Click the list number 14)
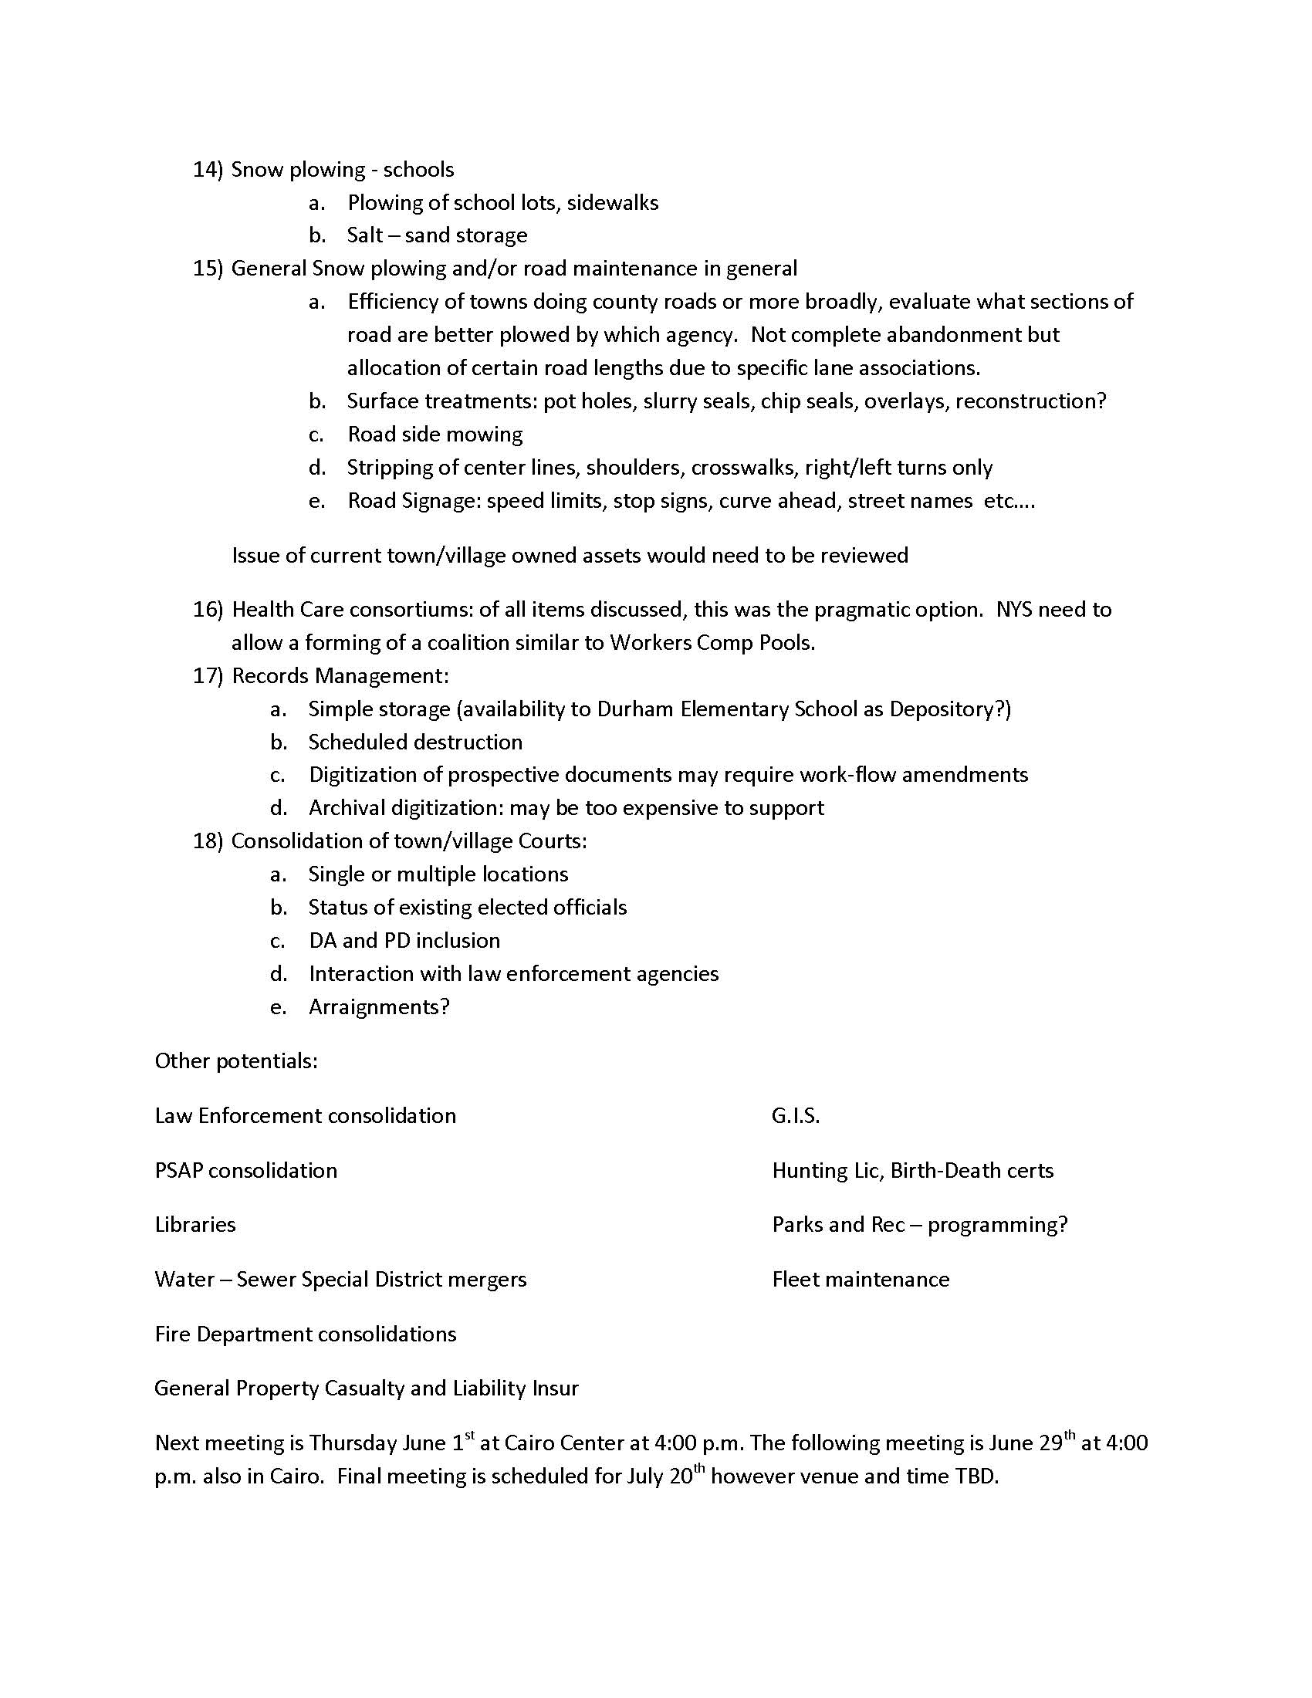(x=208, y=170)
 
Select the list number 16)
(x=208, y=610)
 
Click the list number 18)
(x=208, y=841)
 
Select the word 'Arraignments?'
(x=379, y=1007)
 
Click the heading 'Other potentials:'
(x=236, y=1061)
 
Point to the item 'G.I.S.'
(x=796, y=1117)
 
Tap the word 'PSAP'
(x=179, y=1171)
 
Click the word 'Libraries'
(x=195, y=1225)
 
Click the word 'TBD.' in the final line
(x=977, y=1476)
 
